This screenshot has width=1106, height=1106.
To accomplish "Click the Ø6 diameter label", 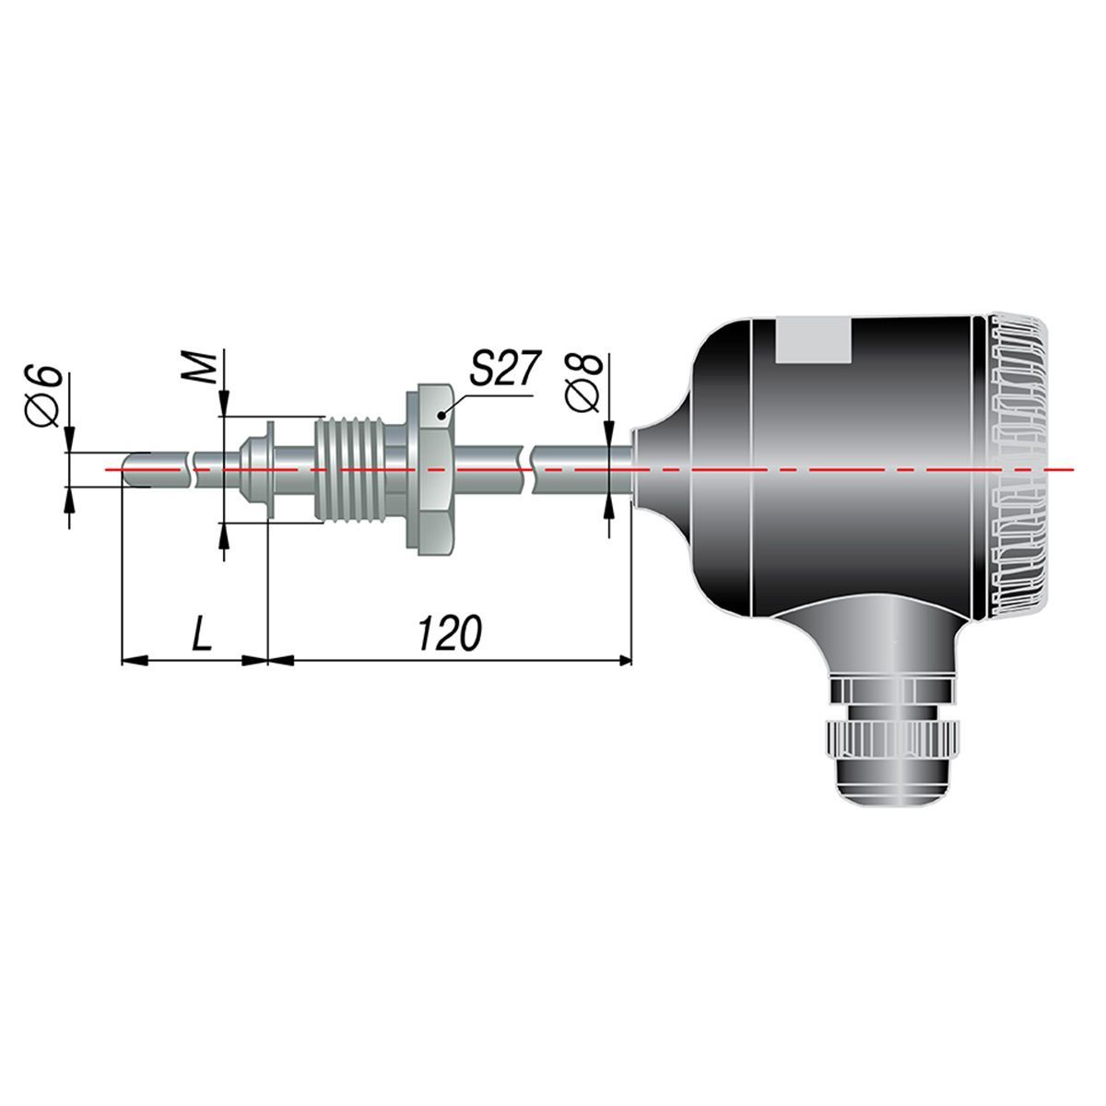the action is coord(44,395).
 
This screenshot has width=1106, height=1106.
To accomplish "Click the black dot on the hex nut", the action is coord(441,416).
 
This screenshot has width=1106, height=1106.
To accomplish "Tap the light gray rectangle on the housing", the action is coord(813,340).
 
